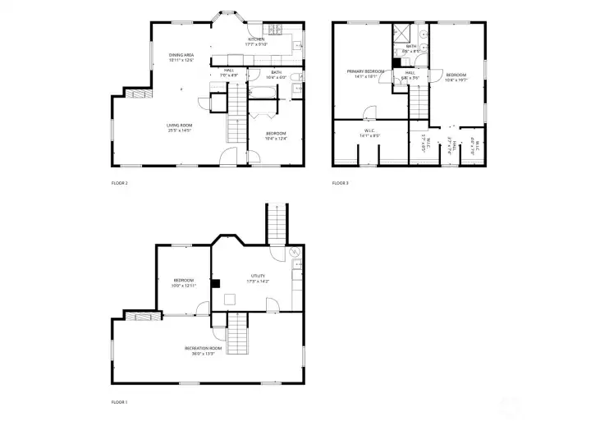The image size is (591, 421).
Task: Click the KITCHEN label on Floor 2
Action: click(256, 39)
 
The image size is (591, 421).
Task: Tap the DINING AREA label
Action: click(181, 56)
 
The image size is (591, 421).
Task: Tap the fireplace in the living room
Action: click(139, 93)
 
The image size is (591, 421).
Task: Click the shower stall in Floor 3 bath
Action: click(402, 34)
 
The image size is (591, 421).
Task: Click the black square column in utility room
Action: click(216, 283)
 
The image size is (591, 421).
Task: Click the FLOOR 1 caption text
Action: click(119, 402)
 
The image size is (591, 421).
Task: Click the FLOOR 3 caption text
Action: click(341, 183)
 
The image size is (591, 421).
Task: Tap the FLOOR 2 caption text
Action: click(119, 183)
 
